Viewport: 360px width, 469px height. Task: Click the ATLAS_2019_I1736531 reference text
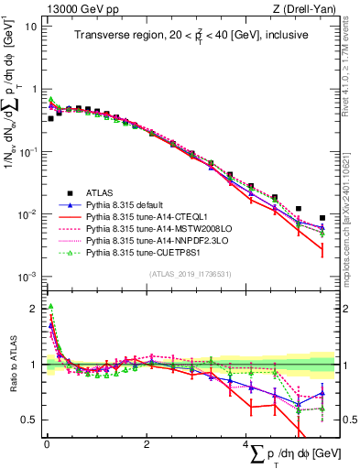188,273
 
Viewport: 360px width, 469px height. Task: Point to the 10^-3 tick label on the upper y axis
27,277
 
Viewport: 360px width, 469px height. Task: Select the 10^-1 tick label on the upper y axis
27,151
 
